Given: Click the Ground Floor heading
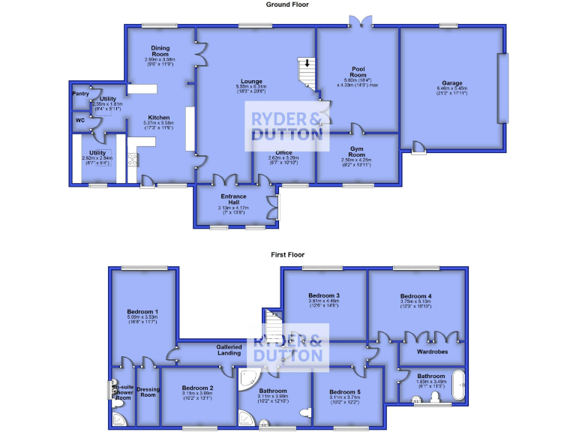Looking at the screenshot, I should pos(288,4).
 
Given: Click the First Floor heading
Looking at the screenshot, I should pos(288,255).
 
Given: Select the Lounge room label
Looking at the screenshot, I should pos(251,81).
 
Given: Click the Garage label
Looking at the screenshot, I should pos(451,83).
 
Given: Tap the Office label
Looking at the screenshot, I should pos(283,151).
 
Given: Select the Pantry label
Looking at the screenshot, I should pos(80,94).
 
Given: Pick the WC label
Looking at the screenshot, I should pos(79,119).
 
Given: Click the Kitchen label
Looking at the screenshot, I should pos(158,118).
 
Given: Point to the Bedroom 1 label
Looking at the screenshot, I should pos(142,311).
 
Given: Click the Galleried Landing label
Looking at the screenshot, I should pos(229,349).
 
